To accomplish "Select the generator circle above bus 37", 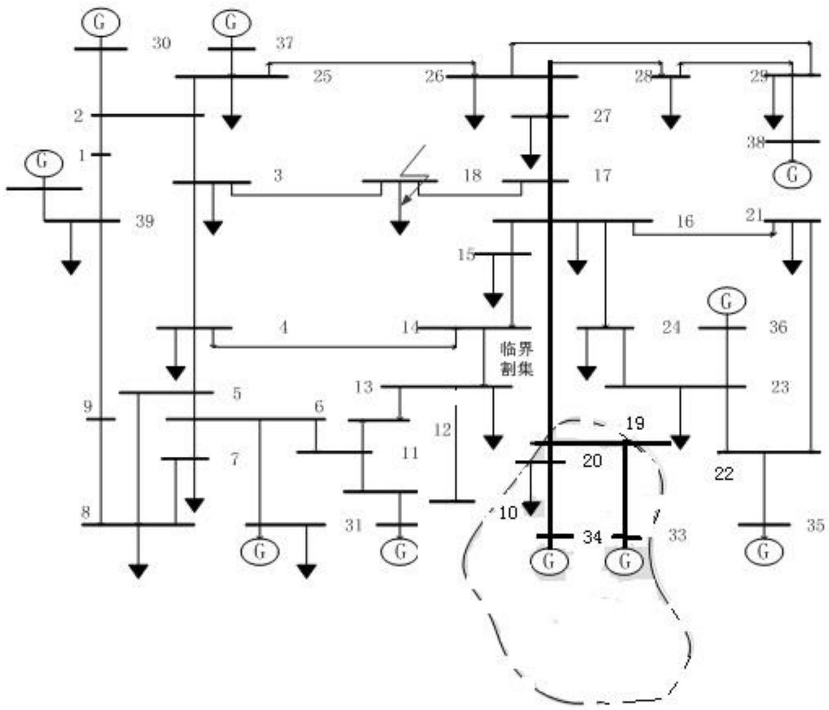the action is pyautogui.click(x=231, y=22).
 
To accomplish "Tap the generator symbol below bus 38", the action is pyautogui.click(x=792, y=175).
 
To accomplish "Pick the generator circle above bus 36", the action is pyautogui.click(x=726, y=301).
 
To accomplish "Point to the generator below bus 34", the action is pyautogui.click(x=548, y=561).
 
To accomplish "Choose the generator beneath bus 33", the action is pyautogui.click(x=625, y=561).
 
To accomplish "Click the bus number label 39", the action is pyautogui.click(x=145, y=221).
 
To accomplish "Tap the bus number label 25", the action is pyautogui.click(x=322, y=76).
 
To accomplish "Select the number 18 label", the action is pyautogui.click(x=472, y=175).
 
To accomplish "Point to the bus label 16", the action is pyautogui.click(x=685, y=221).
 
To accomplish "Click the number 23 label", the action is pyautogui.click(x=780, y=386).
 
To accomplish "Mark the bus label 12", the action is pyautogui.click(x=442, y=430).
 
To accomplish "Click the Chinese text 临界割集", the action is pyautogui.click(x=516, y=358).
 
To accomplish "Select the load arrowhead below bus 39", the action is pyautogui.click(x=71, y=267).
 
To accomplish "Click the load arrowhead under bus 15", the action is pyautogui.click(x=493, y=300).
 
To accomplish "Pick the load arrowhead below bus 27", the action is pyautogui.click(x=530, y=161).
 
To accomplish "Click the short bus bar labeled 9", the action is pyautogui.click(x=101, y=419).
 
